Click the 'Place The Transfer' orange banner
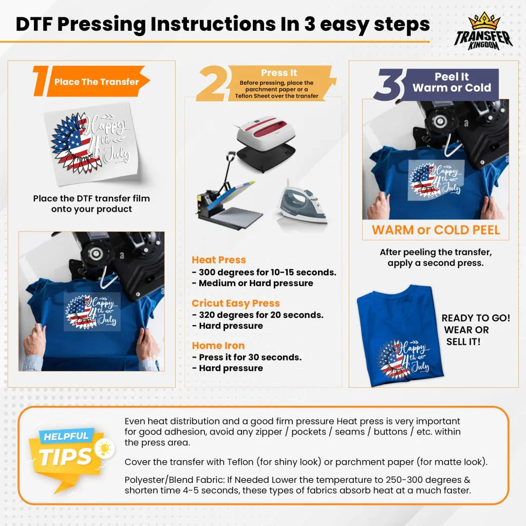98,82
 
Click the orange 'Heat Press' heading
219,260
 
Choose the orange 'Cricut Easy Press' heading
236,303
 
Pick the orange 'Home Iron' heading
218,346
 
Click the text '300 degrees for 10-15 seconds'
267,272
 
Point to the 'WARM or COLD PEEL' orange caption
436,230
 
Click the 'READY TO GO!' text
476,318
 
